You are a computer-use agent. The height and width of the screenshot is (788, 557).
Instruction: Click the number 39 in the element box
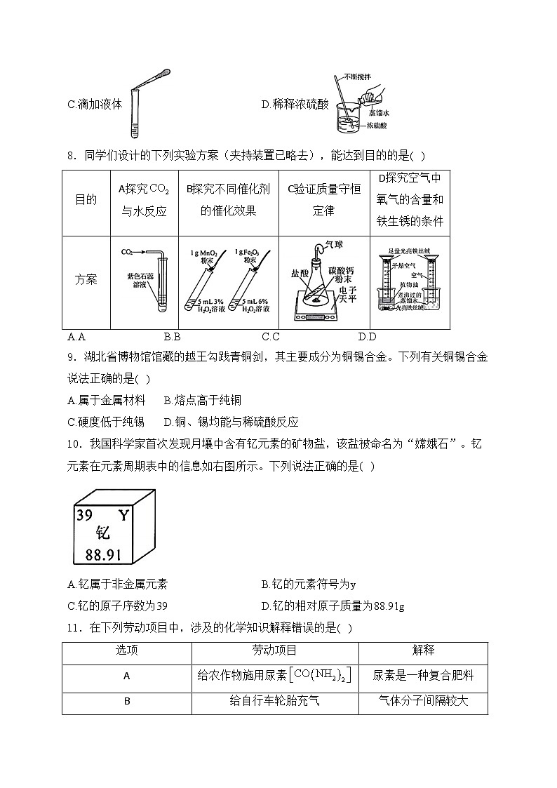[84, 516]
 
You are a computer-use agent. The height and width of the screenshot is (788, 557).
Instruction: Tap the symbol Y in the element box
[123, 516]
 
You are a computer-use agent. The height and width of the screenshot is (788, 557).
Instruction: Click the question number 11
[73, 628]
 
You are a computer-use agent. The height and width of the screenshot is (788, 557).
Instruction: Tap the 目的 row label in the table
[86, 199]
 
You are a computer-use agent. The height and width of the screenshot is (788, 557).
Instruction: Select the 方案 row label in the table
[86, 279]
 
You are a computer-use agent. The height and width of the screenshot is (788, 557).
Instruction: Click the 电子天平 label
[347, 293]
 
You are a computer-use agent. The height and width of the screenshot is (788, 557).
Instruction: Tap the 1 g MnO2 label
[203, 252]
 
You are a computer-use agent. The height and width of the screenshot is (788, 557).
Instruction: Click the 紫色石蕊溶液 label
[136, 281]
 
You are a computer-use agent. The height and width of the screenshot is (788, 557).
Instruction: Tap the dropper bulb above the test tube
[161, 73]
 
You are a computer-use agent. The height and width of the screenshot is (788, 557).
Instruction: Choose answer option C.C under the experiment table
[270, 336]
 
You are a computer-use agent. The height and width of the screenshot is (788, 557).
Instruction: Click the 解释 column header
[423, 650]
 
